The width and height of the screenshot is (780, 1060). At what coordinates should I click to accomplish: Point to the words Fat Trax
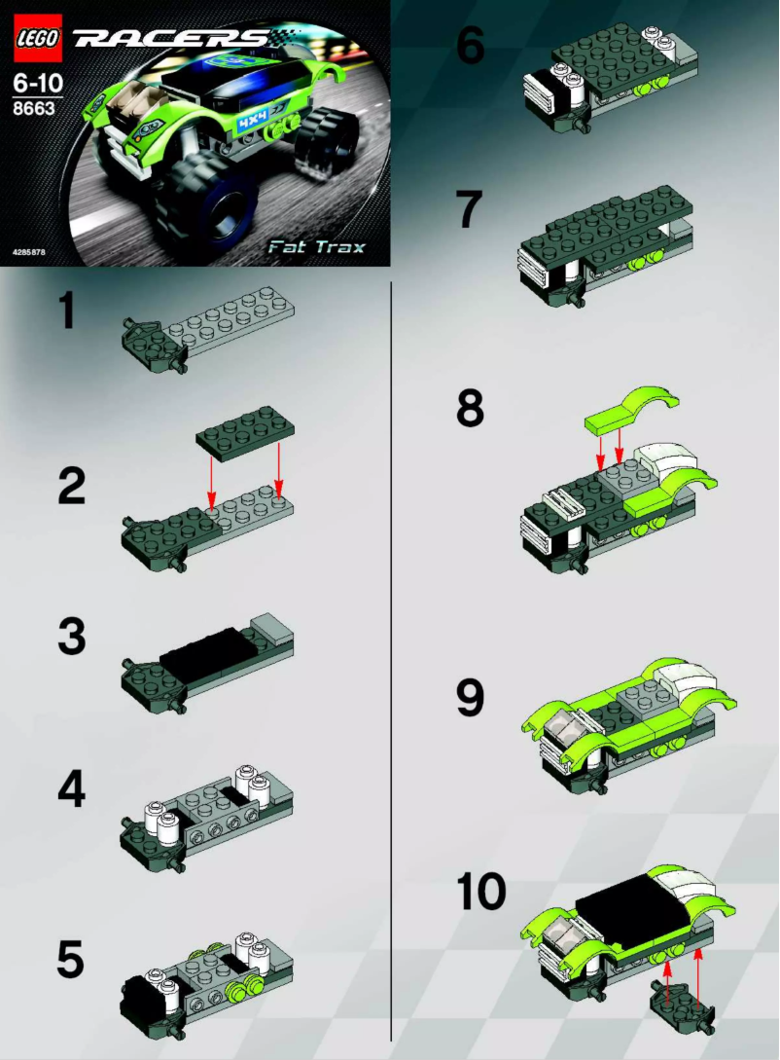coord(317,246)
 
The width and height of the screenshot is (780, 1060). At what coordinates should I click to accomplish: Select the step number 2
coord(71,486)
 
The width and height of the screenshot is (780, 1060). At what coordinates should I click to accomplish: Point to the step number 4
coord(71,790)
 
